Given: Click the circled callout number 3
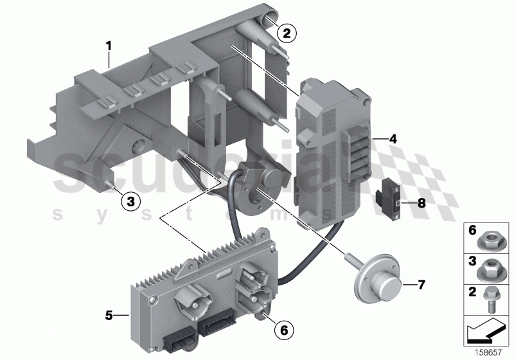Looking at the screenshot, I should (x=130, y=202).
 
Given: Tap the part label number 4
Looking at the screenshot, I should (x=393, y=138).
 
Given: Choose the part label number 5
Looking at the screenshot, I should (x=109, y=315).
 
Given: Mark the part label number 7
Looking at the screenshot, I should (x=421, y=283).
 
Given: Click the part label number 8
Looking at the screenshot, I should (x=421, y=203).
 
